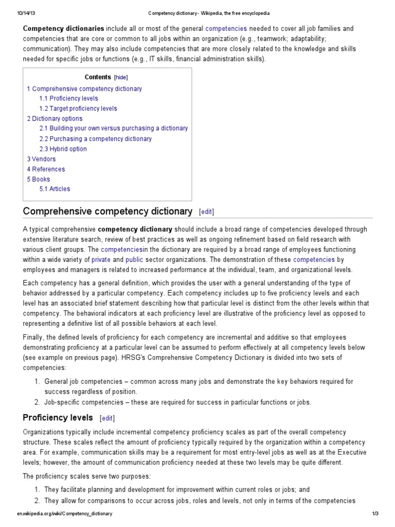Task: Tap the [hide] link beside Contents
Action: (x=121, y=77)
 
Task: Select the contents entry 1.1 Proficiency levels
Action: (x=68, y=98)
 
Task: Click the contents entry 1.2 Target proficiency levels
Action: (x=78, y=109)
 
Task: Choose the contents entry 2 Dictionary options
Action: (x=55, y=118)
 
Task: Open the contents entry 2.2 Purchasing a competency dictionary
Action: (x=95, y=139)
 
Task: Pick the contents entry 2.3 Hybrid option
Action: (x=63, y=149)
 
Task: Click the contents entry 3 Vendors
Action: (x=41, y=159)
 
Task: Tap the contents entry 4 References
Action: (x=46, y=169)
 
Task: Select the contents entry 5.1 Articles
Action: (x=55, y=189)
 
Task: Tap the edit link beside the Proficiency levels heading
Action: (x=107, y=418)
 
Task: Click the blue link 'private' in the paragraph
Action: (x=101, y=260)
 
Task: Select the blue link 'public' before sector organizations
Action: (x=135, y=260)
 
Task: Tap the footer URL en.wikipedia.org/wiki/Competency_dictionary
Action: (x=64, y=514)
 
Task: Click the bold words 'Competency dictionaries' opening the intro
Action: (x=63, y=29)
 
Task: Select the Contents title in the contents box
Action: (x=98, y=77)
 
